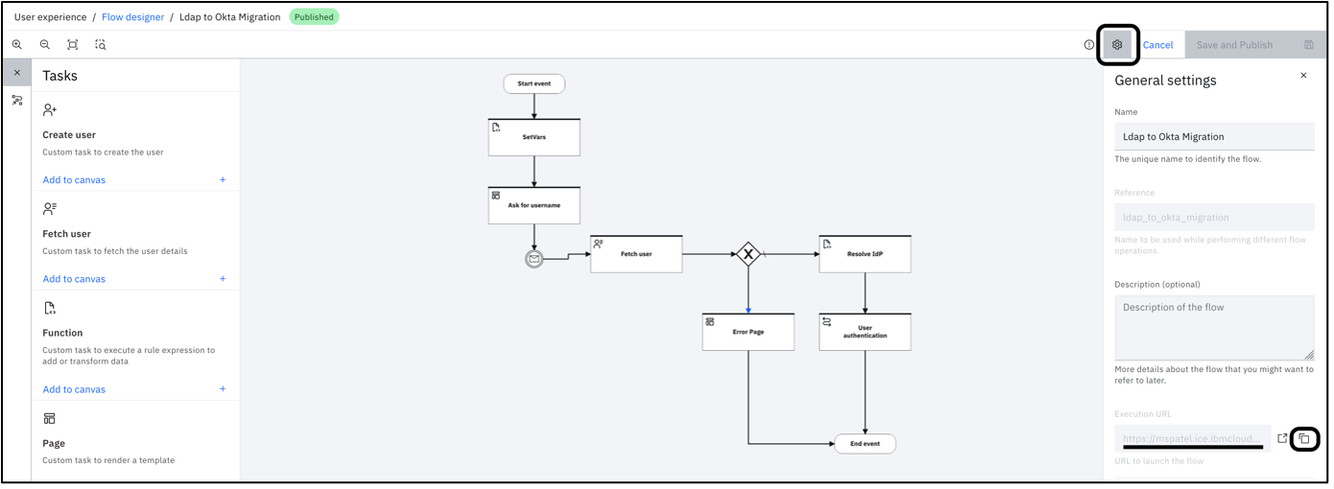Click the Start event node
534,83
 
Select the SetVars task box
534,137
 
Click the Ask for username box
534,205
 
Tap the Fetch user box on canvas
635,254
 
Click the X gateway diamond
748,254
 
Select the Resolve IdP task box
865,254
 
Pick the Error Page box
748,332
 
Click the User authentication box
865,332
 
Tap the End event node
865,444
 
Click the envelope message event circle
535,258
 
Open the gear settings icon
1117,45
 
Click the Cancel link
1157,45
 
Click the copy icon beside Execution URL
1303,438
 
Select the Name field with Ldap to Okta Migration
1214,136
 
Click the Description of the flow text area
1214,327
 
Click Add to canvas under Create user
74,180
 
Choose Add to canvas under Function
74,389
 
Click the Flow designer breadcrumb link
132,17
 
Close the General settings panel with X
1302,76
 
